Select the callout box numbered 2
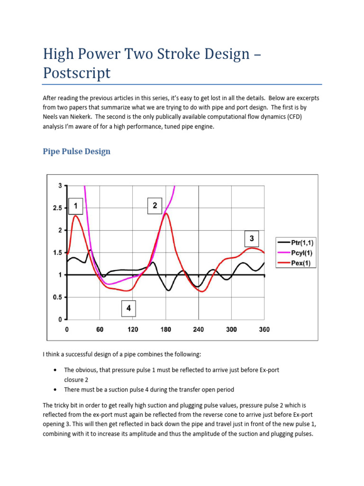[155, 206]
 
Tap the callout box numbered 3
[252, 238]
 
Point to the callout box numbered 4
[128, 309]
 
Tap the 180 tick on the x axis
[165, 329]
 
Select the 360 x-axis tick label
[264, 329]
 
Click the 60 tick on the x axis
[100, 329]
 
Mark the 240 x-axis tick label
[199, 329]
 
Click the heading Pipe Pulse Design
[76, 151]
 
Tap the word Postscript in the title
[76, 73]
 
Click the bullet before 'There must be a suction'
[56, 390]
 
